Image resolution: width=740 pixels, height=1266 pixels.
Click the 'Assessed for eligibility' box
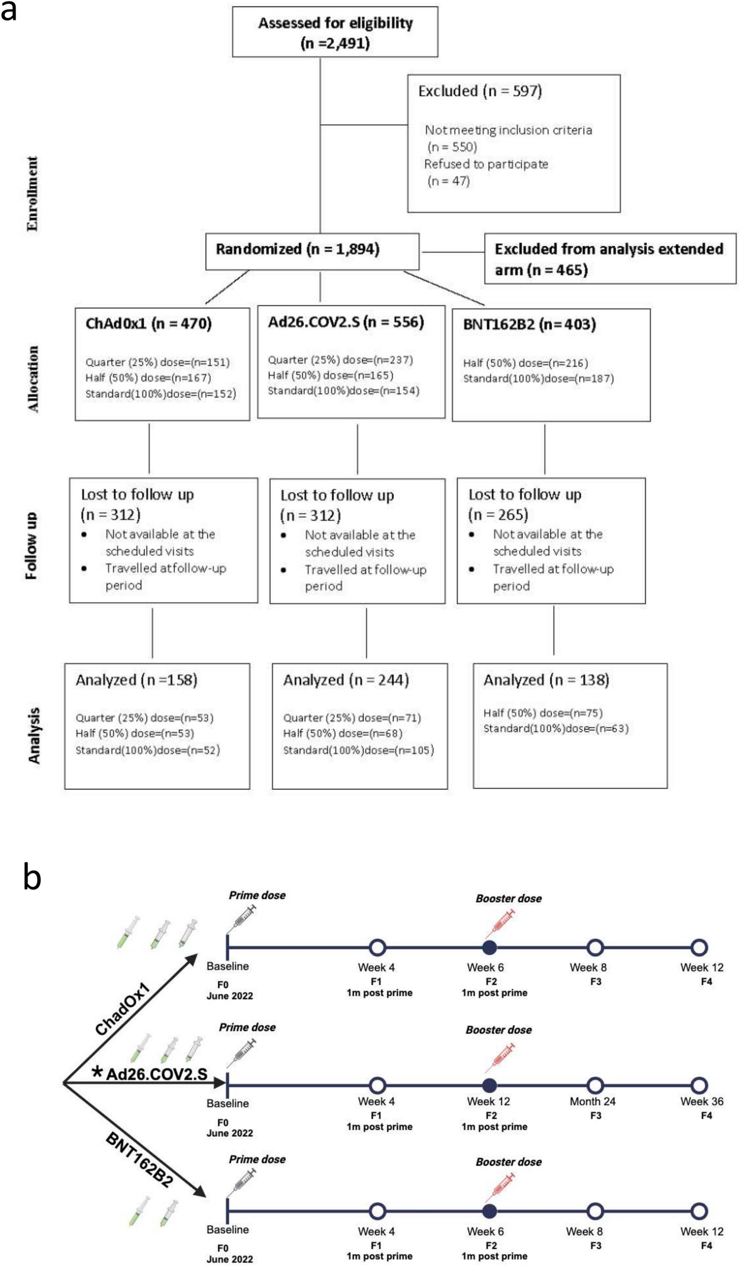[335, 32]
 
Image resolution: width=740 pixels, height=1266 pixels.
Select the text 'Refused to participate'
[486, 164]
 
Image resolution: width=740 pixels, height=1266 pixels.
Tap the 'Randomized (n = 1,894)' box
[312, 250]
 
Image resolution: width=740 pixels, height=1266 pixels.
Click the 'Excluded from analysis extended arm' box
[609, 258]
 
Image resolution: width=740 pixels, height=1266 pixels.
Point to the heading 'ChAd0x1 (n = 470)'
[149, 324]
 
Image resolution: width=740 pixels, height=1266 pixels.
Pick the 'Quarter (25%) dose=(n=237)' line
[341, 360]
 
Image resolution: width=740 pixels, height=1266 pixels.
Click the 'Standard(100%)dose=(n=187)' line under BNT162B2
[538, 379]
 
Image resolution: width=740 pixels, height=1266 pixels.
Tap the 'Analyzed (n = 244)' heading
[346, 680]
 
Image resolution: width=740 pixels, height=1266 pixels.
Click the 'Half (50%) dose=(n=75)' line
[543, 713]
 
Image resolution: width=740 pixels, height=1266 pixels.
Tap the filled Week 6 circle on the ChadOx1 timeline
[489, 947]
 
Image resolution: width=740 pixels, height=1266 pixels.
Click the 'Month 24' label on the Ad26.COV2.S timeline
[592, 1101]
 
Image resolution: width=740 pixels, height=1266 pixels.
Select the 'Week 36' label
[701, 1101]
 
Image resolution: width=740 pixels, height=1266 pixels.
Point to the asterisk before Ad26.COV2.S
[97, 1072]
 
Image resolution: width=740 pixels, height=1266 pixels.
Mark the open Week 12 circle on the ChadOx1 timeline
[699, 947]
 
